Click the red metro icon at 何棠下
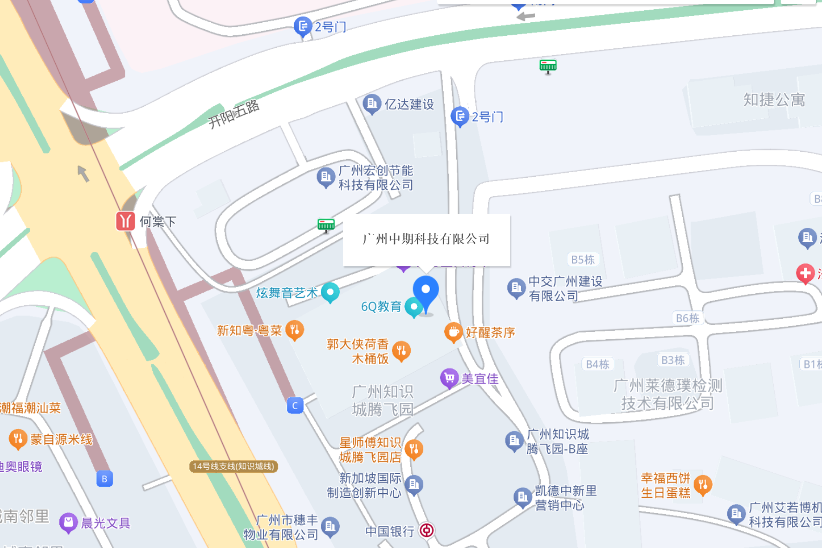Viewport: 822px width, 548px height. tap(125, 221)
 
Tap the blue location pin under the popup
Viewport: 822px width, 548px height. tap(426, 291)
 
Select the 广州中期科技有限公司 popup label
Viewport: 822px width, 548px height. tap(426, 239)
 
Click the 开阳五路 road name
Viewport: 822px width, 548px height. tap(233, 114)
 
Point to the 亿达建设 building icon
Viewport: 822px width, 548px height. tap(372, 104)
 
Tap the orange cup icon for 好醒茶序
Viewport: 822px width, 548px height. tap(453, 332)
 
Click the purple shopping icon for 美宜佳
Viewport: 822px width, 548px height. tap(449, 378)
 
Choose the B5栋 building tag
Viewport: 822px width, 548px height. tap(583, 260)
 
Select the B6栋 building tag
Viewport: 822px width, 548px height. tap(687, 318)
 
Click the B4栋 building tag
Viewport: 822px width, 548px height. tap(597, 365)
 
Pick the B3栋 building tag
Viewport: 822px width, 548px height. tap(673, 361)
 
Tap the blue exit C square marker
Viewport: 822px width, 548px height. tap(295, 406)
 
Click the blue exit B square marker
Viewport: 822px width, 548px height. tap(104, 479)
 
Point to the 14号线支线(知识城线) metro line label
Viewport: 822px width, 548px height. tap(233, 466)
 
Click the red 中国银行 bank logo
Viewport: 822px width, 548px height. tap(427, 530)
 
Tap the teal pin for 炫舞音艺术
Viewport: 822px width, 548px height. tap(330, 292)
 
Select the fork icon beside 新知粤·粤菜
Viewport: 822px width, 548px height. tap(295, 330)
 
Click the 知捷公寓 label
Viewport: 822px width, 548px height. tap(774, 100)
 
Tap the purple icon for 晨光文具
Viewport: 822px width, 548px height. tap(68, 522)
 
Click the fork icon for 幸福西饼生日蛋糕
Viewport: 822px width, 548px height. tap(703, 485)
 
